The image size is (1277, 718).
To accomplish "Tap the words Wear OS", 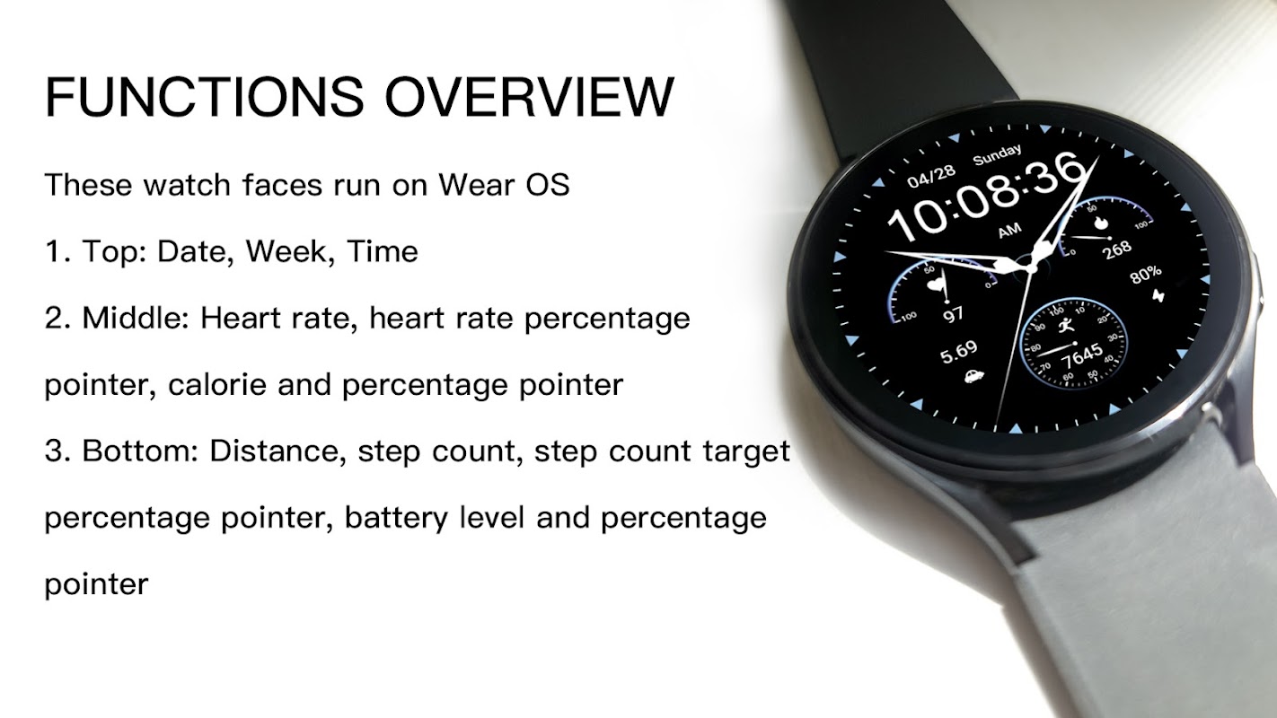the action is click(x=504, y=185).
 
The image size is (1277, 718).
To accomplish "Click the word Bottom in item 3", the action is click(x=140, y=451).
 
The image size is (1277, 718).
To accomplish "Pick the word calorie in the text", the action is click(x=217, y=384).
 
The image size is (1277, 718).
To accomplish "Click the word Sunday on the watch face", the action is click(x=997, y=154).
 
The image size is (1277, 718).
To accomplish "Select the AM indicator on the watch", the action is click(x=1009, y=231).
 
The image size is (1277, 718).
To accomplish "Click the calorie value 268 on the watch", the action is click(x=1117, y=249).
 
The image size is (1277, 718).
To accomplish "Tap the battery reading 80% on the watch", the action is click(x=1145, y=274).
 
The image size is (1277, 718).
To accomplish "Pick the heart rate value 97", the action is click(x=953, y=314).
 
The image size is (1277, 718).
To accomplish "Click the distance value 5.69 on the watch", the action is click(x=958, y=352).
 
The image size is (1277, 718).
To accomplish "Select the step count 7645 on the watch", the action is click(x=1081, y=357).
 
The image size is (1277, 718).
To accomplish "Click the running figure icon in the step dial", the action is click(x=1065, y=326).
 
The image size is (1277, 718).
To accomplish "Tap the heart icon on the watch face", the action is click(x=936, y=284).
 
